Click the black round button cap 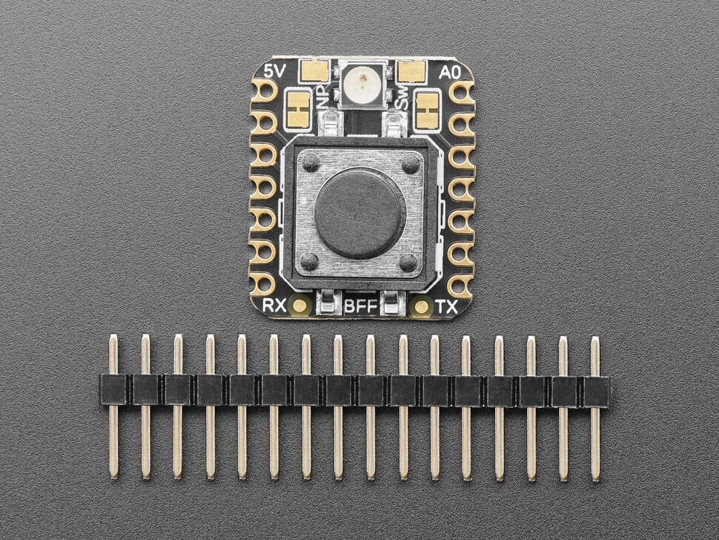[360, 212]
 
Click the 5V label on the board [276, 71]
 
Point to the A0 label [450, 73]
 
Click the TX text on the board [445, 306]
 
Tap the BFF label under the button [360, 306]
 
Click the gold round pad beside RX [300, 305]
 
